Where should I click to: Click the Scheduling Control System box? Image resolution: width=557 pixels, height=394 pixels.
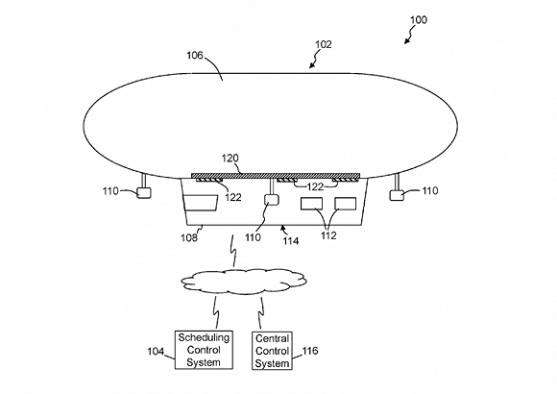tap(204, 350)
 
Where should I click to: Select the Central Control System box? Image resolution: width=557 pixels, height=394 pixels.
tap(272, 351)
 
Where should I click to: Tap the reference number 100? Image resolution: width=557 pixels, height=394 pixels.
tap(419, 20)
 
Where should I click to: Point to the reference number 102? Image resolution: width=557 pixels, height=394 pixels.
tap(324, 44)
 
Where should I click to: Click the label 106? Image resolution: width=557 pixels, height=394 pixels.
tap(195, 56)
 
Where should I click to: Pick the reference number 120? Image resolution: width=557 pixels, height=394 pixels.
tap(230, 159)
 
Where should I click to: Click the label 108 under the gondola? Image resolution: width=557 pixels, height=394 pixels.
tap(189, 237)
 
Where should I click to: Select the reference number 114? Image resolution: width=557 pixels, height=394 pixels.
tap(291, 241)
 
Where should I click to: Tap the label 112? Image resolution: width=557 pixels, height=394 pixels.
tap(328, 235)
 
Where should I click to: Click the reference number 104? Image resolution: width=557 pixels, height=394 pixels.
tap(156, 352)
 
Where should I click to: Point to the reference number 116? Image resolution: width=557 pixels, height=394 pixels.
tap(310, 351)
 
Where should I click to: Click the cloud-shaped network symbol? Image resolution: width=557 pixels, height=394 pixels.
tap(244, 282)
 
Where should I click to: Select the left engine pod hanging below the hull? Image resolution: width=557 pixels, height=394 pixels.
tap(144, 192)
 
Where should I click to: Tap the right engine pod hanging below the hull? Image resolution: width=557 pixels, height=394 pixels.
tap(397, 195)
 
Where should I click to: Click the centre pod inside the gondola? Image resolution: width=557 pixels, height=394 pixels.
tap(272, 200)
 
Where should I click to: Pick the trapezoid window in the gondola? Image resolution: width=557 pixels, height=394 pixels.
tap(201, 203)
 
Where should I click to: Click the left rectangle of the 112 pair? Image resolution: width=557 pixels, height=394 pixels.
tap(311, 204)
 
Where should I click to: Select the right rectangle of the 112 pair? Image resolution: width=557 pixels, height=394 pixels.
tap(346, 204)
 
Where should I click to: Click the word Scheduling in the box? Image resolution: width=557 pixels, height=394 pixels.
tap(204, 337)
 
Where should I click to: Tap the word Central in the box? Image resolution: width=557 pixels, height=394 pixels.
tap(272, 338)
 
